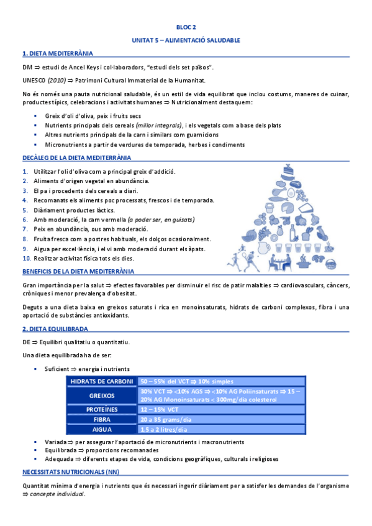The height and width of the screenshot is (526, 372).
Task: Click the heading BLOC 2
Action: click(x=186, y=27)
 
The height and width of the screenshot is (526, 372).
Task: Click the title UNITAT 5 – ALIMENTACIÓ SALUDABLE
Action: click(x=186, y=40)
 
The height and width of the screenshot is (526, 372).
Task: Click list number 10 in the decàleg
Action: click(x=26, y=257)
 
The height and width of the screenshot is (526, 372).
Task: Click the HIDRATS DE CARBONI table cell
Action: click(x=102, y=381)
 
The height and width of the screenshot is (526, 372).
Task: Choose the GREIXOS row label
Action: click(x=102, y=396)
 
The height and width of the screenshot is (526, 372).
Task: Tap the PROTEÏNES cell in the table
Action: click(x=102, y=410)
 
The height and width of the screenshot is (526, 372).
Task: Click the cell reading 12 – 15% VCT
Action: click(x=160, y=410)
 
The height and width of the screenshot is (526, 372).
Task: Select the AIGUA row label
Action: click(x=102, y=429)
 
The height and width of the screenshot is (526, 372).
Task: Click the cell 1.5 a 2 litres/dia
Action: click(x=164, y=429)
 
